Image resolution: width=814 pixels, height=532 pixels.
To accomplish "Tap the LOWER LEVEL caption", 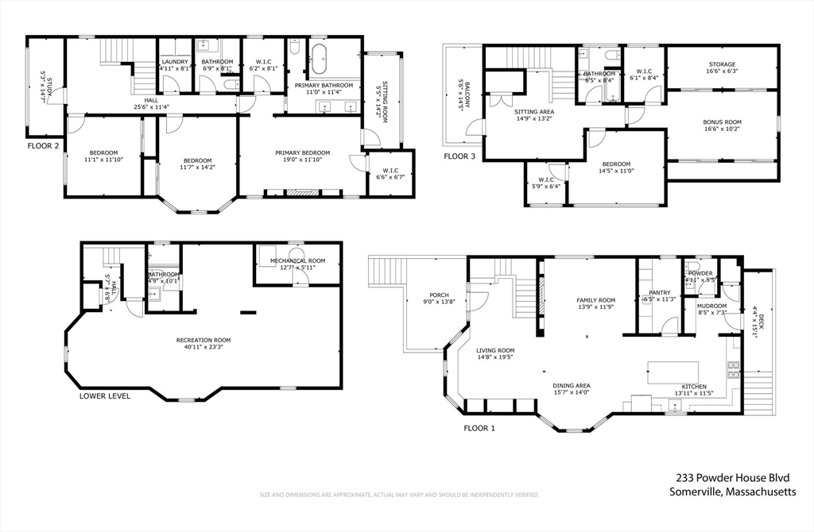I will tap(105, 395).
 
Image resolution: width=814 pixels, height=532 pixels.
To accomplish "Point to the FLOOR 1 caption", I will tap(479, 428).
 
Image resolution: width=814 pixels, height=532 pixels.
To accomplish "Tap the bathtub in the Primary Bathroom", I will tap(322, 59).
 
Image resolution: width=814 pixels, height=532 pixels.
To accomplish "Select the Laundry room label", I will tap(174, 62).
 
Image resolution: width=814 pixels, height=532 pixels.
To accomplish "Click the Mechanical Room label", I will tap(297, 260).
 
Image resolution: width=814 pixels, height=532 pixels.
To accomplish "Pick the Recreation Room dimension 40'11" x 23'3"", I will tap(204, 347).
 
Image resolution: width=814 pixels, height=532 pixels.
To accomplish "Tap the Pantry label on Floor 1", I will tap(660, 293).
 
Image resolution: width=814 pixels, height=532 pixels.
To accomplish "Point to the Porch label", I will tap(439, 295).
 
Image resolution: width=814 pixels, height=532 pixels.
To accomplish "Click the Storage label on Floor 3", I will tap(722, 64).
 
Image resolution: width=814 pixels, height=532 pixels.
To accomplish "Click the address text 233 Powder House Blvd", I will tap(732, 478).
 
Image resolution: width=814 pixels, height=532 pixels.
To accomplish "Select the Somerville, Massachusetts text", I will tap(732, 492).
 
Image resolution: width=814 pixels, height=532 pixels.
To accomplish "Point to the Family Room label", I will tap(596, 300).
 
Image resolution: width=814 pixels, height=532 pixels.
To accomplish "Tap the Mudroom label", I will tap(711, 305).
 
